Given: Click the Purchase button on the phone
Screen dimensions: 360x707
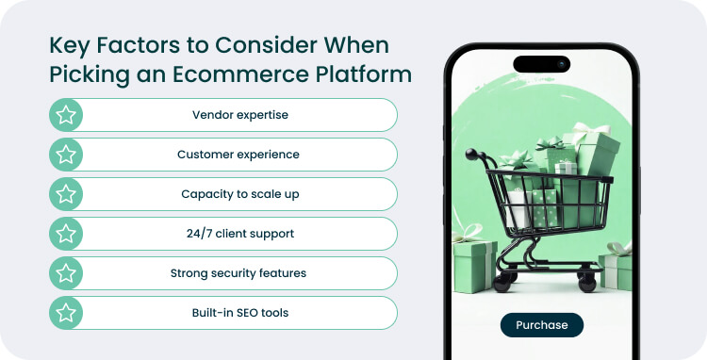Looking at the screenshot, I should [x=541, y=325].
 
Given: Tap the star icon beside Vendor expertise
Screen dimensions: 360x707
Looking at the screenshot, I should [x=66, y=115].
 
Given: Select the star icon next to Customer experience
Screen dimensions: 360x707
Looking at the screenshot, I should [x=66, y=155].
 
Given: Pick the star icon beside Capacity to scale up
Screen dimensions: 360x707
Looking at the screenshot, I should [x=66, y=194].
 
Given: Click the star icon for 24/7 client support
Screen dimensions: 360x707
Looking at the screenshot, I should [x=66, y=234].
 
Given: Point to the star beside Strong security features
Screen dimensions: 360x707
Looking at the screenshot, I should [x=66, y=273].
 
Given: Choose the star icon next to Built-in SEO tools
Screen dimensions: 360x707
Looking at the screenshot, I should [x=66, y=313].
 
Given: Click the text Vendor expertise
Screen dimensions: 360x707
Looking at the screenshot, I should [x=239, y=115].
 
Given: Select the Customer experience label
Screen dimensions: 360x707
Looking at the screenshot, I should [x=238, y=155].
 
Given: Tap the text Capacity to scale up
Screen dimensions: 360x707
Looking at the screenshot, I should [x=238, y=194].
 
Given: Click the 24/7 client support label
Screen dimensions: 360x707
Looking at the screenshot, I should [x=238, y=234].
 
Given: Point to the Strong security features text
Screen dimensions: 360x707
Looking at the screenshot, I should [x=238, y=273].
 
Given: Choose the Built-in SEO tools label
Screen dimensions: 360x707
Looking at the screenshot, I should [x=238, y=313].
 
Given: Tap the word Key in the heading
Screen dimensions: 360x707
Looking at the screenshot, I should [x=68, y=45].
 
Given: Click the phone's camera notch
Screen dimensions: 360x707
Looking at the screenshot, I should [x=542, y=65].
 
